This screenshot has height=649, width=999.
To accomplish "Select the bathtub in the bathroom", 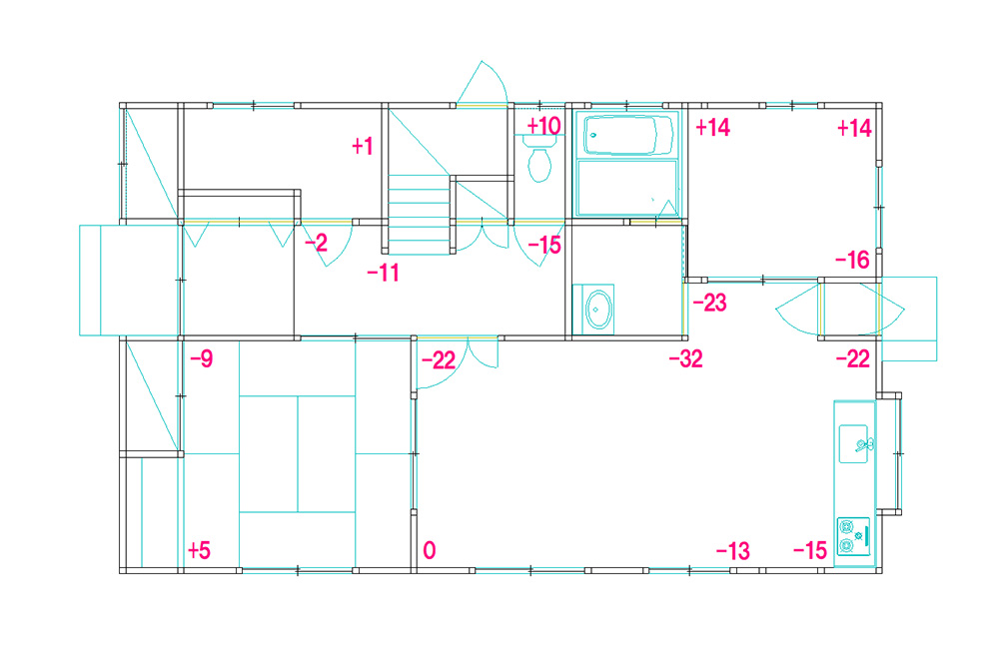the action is click(x=627, y=135).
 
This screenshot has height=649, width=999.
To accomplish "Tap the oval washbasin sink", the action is click(x=598, y=310).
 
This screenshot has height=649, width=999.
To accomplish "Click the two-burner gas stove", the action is click(x=853, y=535).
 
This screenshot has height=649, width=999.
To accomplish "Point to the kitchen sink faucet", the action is click(x=864, y=444).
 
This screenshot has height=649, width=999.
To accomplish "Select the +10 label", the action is click(x=543, y=126).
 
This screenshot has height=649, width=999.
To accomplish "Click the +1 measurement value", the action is click(x=363, y=147).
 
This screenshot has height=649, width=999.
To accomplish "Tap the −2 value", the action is click(x=316, y=243).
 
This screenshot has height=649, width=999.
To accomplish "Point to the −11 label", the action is click(x=384, y=274).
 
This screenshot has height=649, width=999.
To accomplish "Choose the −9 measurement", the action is click(x=202, y=359).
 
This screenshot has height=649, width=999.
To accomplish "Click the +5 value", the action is click(x=199, y=550).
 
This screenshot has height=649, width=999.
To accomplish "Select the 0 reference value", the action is click(x=430, y=550).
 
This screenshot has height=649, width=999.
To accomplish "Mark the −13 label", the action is click(x=732, y=551).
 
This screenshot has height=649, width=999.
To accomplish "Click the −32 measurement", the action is click(x=686, y=359).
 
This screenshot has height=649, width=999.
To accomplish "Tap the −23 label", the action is click(x=709, y=303).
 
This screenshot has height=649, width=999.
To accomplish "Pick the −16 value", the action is click(x=852, y=260).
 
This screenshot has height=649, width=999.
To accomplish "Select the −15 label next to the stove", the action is click(x=810, y=551).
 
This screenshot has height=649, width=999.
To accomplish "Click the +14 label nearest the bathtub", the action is click(x=713, y=128).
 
